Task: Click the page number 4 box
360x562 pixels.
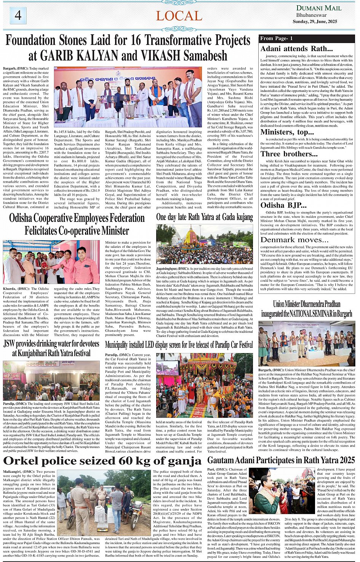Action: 18,16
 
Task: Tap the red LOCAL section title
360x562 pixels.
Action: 179,16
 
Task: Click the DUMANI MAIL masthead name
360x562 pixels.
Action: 319,8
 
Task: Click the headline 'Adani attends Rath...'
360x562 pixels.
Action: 296,48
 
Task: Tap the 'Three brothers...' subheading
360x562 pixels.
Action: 289,154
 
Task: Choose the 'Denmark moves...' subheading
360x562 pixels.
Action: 294,240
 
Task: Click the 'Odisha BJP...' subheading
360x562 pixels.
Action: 283,205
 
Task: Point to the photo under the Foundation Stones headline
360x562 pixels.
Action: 128,97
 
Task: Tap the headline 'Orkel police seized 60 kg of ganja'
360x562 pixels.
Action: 102,461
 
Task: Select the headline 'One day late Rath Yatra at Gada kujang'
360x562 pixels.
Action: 204,217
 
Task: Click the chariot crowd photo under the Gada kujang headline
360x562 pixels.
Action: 204,244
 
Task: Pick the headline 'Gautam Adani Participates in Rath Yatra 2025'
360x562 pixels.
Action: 281,460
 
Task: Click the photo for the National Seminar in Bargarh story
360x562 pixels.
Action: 306,344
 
